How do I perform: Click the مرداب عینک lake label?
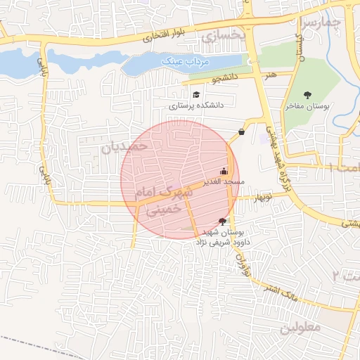(187, 63)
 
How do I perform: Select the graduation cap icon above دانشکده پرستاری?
(195, 94)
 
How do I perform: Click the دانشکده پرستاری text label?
(196, 105)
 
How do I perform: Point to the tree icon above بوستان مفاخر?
(307, 94)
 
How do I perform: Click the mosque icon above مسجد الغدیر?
(224, 170)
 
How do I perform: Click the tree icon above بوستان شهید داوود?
(223, 221)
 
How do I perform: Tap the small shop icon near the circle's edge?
(242, 131)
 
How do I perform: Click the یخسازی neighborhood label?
(225, 33)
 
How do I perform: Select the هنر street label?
(271, 74)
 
